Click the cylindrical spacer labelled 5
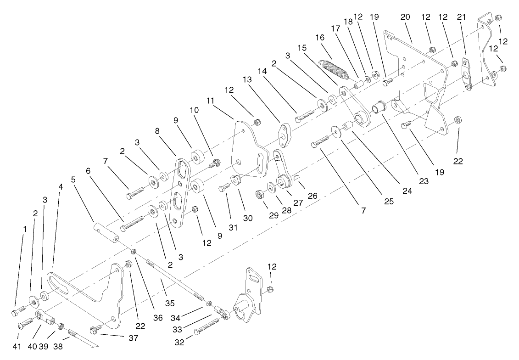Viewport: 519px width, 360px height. click(106, 233)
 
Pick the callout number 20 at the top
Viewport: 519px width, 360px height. click(405, 17)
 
